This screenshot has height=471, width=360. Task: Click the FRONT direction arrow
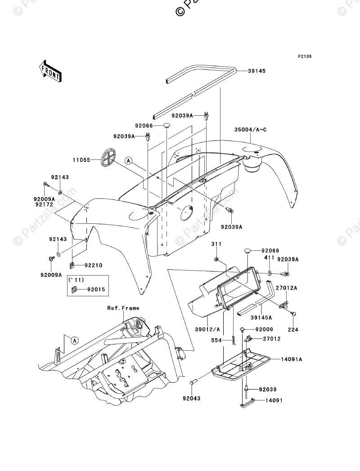50,71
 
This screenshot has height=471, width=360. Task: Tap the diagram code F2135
305,56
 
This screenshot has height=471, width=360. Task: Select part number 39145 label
257,71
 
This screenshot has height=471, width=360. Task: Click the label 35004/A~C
250,130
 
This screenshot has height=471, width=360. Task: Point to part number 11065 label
81,160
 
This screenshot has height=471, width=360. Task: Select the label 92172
44,204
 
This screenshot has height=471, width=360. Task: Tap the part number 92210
94,265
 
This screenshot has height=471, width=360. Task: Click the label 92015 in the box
96,290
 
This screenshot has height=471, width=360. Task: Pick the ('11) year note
76,280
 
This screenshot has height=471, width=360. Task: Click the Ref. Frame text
123,308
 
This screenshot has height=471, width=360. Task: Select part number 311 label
216,244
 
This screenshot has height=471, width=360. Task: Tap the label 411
269,258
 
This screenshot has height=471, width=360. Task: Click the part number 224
293,330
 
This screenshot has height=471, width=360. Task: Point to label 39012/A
207,330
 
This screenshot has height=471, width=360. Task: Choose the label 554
216,340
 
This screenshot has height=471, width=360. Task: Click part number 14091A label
292,359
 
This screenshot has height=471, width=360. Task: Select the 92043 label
191,399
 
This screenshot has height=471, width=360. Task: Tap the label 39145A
261,317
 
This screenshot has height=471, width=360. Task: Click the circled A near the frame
75,340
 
